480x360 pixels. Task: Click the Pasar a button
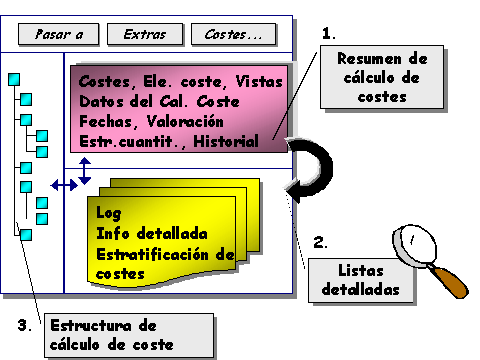58,35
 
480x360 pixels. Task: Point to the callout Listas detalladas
360,281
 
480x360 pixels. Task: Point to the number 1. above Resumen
329,33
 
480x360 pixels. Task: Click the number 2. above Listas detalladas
320,242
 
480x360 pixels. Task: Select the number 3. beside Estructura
33,325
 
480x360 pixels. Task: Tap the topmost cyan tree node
16,78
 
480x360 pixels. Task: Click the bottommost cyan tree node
27,234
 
